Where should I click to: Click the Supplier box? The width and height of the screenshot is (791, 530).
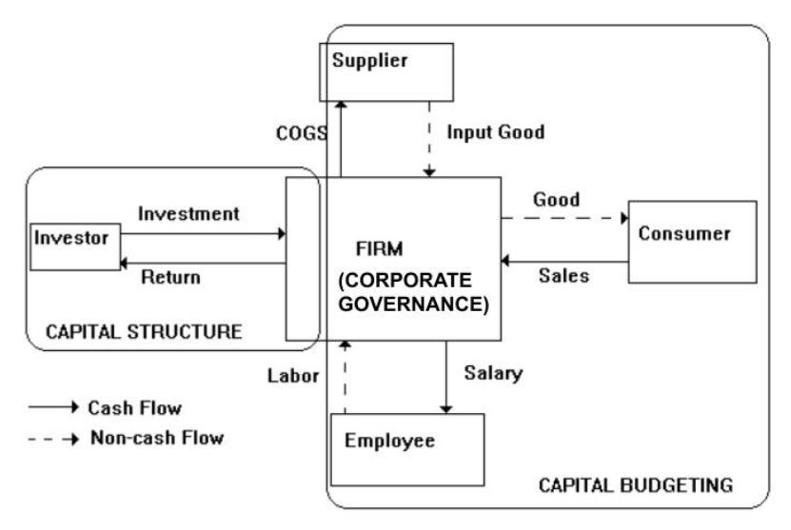pos(386,73)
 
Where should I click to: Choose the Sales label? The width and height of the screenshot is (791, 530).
pos(564,277)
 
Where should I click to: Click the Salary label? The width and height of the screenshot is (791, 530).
pos(494,374)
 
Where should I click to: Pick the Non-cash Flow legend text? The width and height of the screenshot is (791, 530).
pos(156,439)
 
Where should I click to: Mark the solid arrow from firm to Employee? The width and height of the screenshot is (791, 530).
pos(445,376)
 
